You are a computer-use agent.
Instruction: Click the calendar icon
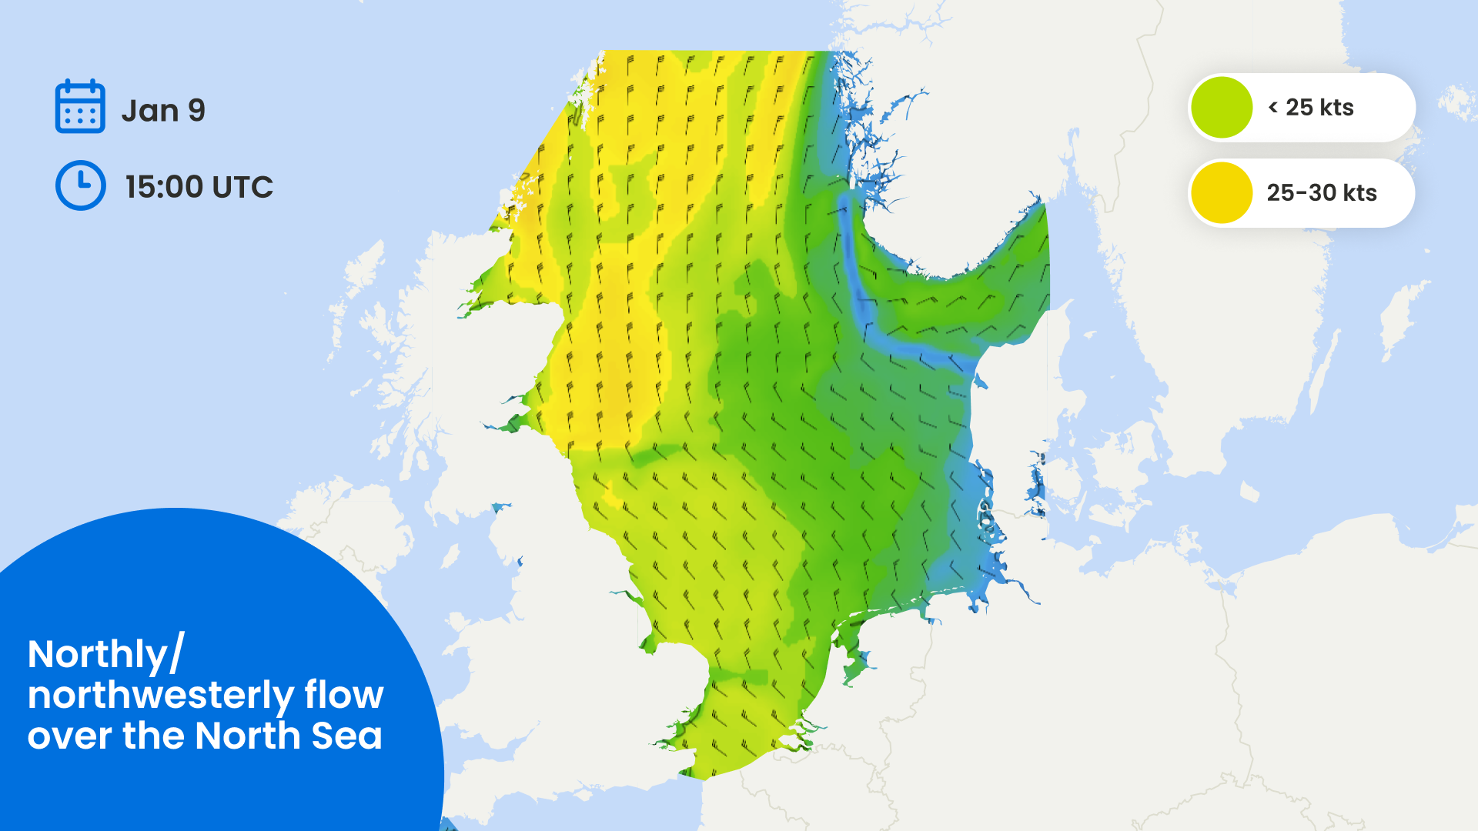pyautogui.click(x=80, y=106)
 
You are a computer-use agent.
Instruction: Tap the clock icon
pyautogui.click(x=80, y=185)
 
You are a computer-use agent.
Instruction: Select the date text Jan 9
pyautogui.click(x=163, y=111)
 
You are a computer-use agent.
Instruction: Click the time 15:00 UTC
pyautogui.click(x=199, y=187)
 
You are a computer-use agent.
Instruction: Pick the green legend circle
pyautogui.click(x=1222, y=108)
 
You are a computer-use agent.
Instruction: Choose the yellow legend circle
pyautogui.click(x=1222, y=192)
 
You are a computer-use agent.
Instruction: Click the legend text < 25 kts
pyautogui.click(x=1311, y=108)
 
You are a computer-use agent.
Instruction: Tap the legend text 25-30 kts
pyautogui.click(x=1321, y=192)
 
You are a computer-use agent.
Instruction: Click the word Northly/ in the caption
pyautogui.click(x=106, y=655)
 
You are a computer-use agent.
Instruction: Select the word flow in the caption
pyautogui.click(x=343, y=695)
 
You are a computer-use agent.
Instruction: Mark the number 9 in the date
pyautogui.click(x=197, y=111)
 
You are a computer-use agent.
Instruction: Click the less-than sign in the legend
pyautogui.click(x=1272, y=108)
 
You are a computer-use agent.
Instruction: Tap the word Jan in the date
pyautogui.click(x=150, y=111)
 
